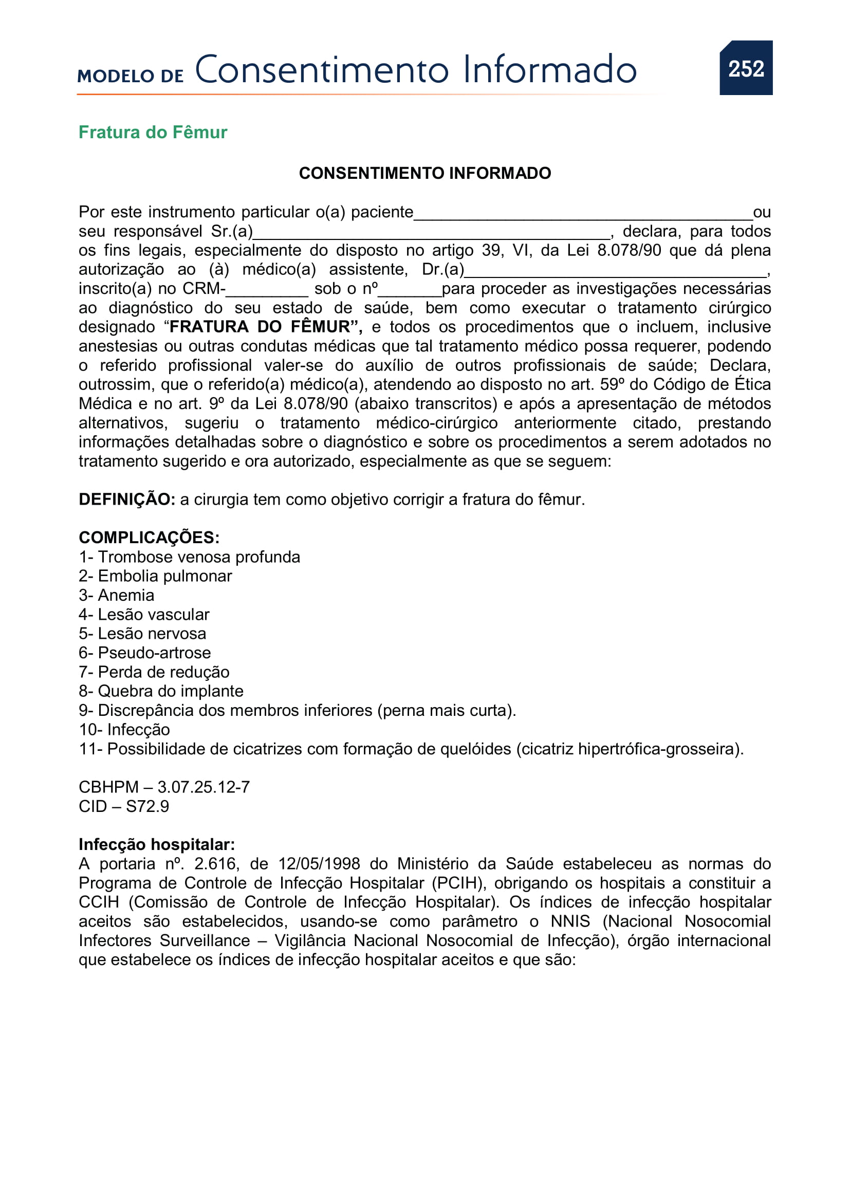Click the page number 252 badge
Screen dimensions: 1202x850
coord(745,68)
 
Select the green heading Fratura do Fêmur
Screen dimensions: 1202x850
coord(153,133)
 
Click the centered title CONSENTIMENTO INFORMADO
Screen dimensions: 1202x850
coord(424,173)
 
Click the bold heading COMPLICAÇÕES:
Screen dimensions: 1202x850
coord(149,538)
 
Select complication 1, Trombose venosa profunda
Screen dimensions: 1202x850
coord(190,557)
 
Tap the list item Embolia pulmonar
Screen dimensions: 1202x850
coord(155,577)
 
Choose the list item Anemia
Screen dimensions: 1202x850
coord(117,596)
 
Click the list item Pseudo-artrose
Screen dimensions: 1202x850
coord(145,653)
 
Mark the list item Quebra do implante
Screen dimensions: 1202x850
coord(161,692)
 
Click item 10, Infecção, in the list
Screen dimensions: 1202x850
coord(124,730)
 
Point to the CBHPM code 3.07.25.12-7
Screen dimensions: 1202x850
coord(204,787)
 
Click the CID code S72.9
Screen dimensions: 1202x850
coord(147,807)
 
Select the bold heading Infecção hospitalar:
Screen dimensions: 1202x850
coord(157,845)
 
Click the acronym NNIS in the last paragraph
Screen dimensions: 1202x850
coord(570,922)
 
